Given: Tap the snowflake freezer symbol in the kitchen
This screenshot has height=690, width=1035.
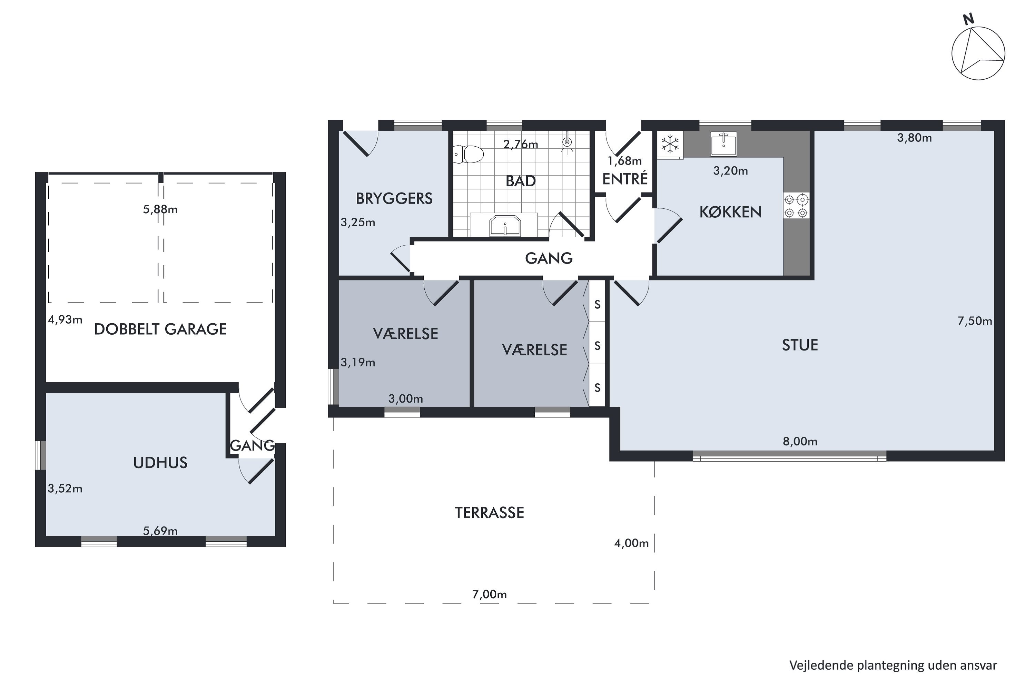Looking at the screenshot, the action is click(670, 144).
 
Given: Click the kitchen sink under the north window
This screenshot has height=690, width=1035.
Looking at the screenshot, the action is click(723, 144).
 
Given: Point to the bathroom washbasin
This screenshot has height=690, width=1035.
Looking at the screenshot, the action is click(505, 225).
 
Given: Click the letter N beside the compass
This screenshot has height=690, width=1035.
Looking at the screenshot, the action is click(968, 19).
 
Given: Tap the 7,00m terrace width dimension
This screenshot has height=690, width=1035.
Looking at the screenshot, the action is click(489, 594).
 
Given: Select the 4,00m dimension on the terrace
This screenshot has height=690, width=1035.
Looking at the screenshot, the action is click(631, 543).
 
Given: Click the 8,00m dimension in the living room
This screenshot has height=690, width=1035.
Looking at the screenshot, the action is click(800, 441).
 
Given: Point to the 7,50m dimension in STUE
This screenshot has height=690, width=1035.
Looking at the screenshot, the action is click(975, 321).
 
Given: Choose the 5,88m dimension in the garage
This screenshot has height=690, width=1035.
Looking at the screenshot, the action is click(160, 209).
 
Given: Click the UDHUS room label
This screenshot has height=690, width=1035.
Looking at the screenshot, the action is click(160, 463).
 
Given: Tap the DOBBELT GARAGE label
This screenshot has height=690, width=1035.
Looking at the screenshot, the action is click(160, 329).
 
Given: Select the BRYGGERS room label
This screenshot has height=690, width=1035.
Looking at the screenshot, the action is click(394, 199).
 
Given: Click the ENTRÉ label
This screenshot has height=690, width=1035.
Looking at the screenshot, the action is click(625, 179).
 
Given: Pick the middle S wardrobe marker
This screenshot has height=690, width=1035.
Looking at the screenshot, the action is click(597, 346).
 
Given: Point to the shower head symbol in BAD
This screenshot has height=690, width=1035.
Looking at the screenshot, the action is click(568, 142).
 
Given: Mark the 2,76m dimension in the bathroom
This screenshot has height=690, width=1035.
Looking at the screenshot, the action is click(521, 144).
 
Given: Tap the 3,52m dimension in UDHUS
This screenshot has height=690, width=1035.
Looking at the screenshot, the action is click(65, 489).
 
